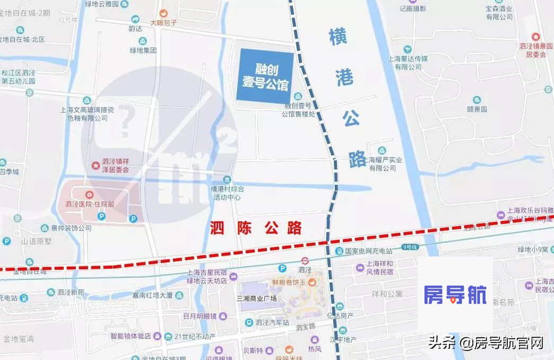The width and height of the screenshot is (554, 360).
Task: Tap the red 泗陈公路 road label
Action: [256, 229]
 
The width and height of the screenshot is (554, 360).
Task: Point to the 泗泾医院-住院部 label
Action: [90, 204]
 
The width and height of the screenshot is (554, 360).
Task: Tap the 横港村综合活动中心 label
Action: [227, 193]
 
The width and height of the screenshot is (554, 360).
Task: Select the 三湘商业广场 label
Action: [257, 298]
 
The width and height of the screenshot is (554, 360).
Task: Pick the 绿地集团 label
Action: [143, 50]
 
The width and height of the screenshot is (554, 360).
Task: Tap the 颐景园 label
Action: [477, 109]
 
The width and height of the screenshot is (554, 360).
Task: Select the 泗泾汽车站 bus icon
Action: [248, 322]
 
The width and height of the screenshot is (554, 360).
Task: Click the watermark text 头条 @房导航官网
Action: [486, 343]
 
